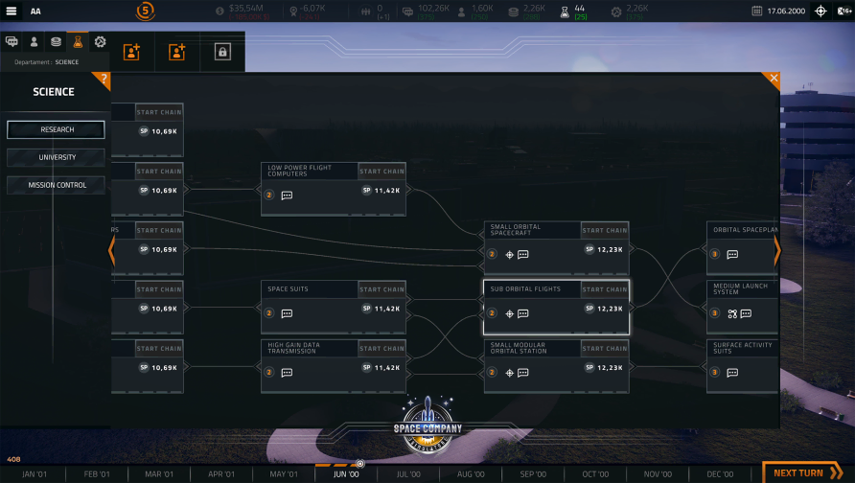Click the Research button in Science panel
56,129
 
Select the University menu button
56,157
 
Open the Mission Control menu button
56,185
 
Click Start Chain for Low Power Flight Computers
381,172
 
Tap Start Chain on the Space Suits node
381,289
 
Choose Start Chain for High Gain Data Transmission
381,349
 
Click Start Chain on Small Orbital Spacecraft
605,230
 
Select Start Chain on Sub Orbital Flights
605,289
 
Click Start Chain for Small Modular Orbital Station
605,349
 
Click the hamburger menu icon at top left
12,11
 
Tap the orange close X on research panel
774,79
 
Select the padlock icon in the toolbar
222,53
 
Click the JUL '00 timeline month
408,474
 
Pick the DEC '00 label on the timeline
720,474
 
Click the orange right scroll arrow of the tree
776,251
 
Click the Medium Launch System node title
740,289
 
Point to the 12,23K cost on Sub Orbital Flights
610,309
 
